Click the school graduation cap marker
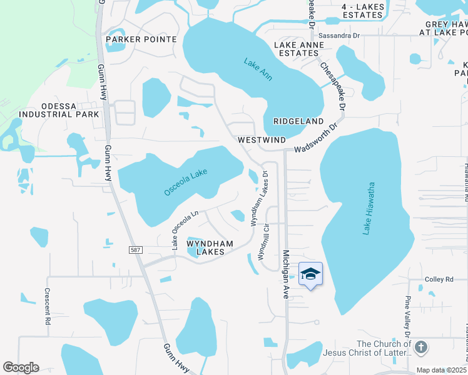tap(311, 274)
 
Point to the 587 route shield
tap(136, 250)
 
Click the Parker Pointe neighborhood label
tap(141, 39)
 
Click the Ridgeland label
tap(298, 121)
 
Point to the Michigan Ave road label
tap(285, 274)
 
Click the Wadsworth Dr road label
tap(315, 139)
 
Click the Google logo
tap(21, 367)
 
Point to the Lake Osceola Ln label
tap(185, 227)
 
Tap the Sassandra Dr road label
tap(339, 36)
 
